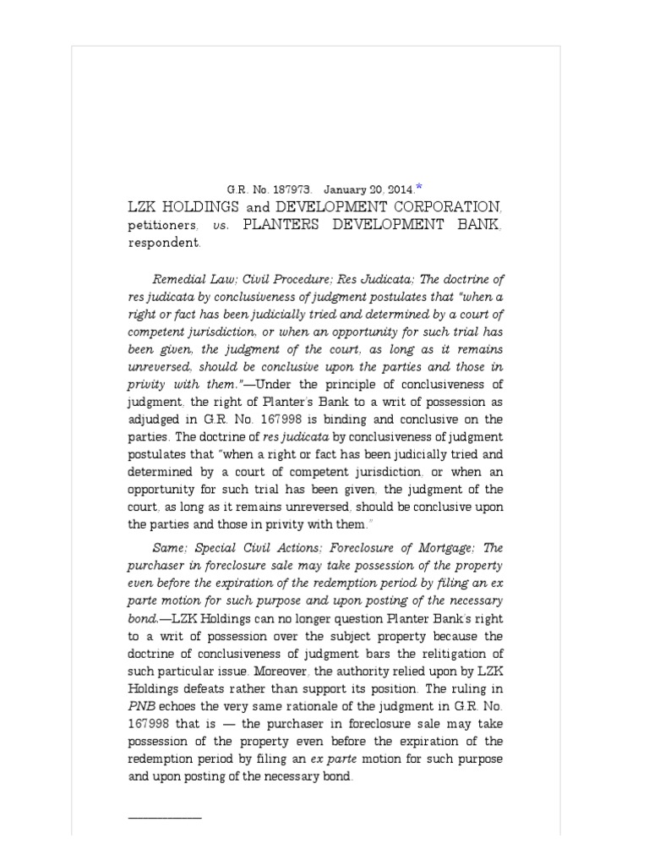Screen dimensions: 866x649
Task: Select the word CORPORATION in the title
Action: click(x=429, y=206)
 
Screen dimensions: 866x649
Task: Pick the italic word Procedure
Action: click(x=295, y=279)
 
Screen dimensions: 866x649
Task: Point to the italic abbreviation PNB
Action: click(x=139, y=706)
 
